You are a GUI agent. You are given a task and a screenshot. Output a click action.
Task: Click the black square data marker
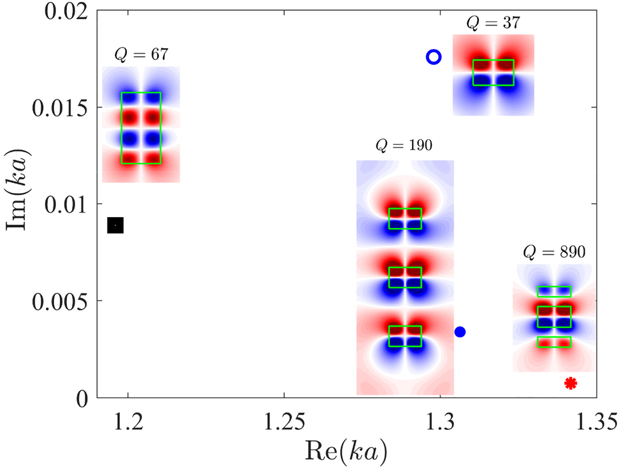115,225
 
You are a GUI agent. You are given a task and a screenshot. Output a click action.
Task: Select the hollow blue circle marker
433,57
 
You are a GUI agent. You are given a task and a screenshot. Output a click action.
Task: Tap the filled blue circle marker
460,332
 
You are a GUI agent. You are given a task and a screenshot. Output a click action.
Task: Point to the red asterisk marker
571,383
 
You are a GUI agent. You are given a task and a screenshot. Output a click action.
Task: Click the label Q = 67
141,55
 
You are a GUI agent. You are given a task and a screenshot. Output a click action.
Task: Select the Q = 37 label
493,24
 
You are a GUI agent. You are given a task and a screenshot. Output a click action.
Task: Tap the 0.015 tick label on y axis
62,107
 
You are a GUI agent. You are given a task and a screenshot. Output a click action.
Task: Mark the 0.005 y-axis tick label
62,301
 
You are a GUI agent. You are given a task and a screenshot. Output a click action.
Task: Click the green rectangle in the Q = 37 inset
493,73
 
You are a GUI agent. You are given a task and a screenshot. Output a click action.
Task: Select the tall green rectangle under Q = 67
141,128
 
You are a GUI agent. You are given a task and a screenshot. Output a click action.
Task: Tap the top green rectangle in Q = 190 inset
405,218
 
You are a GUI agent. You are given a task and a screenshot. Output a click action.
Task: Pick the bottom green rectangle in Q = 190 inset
405,336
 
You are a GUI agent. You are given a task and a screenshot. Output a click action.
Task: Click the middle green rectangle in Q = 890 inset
554,316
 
